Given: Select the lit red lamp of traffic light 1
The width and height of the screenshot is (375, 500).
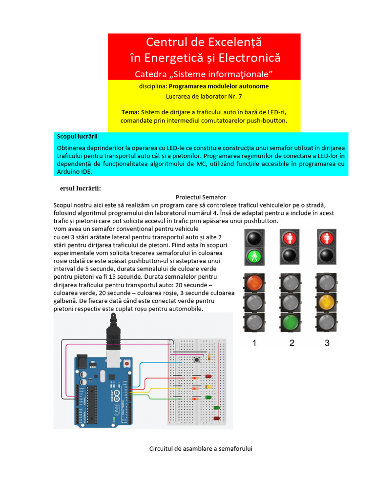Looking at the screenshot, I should (x=254, y=284).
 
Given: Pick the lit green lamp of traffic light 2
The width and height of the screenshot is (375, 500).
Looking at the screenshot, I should (x=292, y=321).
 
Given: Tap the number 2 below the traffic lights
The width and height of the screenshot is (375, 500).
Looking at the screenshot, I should (x=292, y=343).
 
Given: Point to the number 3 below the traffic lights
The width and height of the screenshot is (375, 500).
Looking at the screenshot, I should (x=328, y=343).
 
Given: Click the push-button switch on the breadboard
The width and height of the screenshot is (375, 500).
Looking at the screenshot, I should (x=196, y=360).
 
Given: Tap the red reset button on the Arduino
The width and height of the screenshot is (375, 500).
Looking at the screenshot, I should (x=127, y=364).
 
